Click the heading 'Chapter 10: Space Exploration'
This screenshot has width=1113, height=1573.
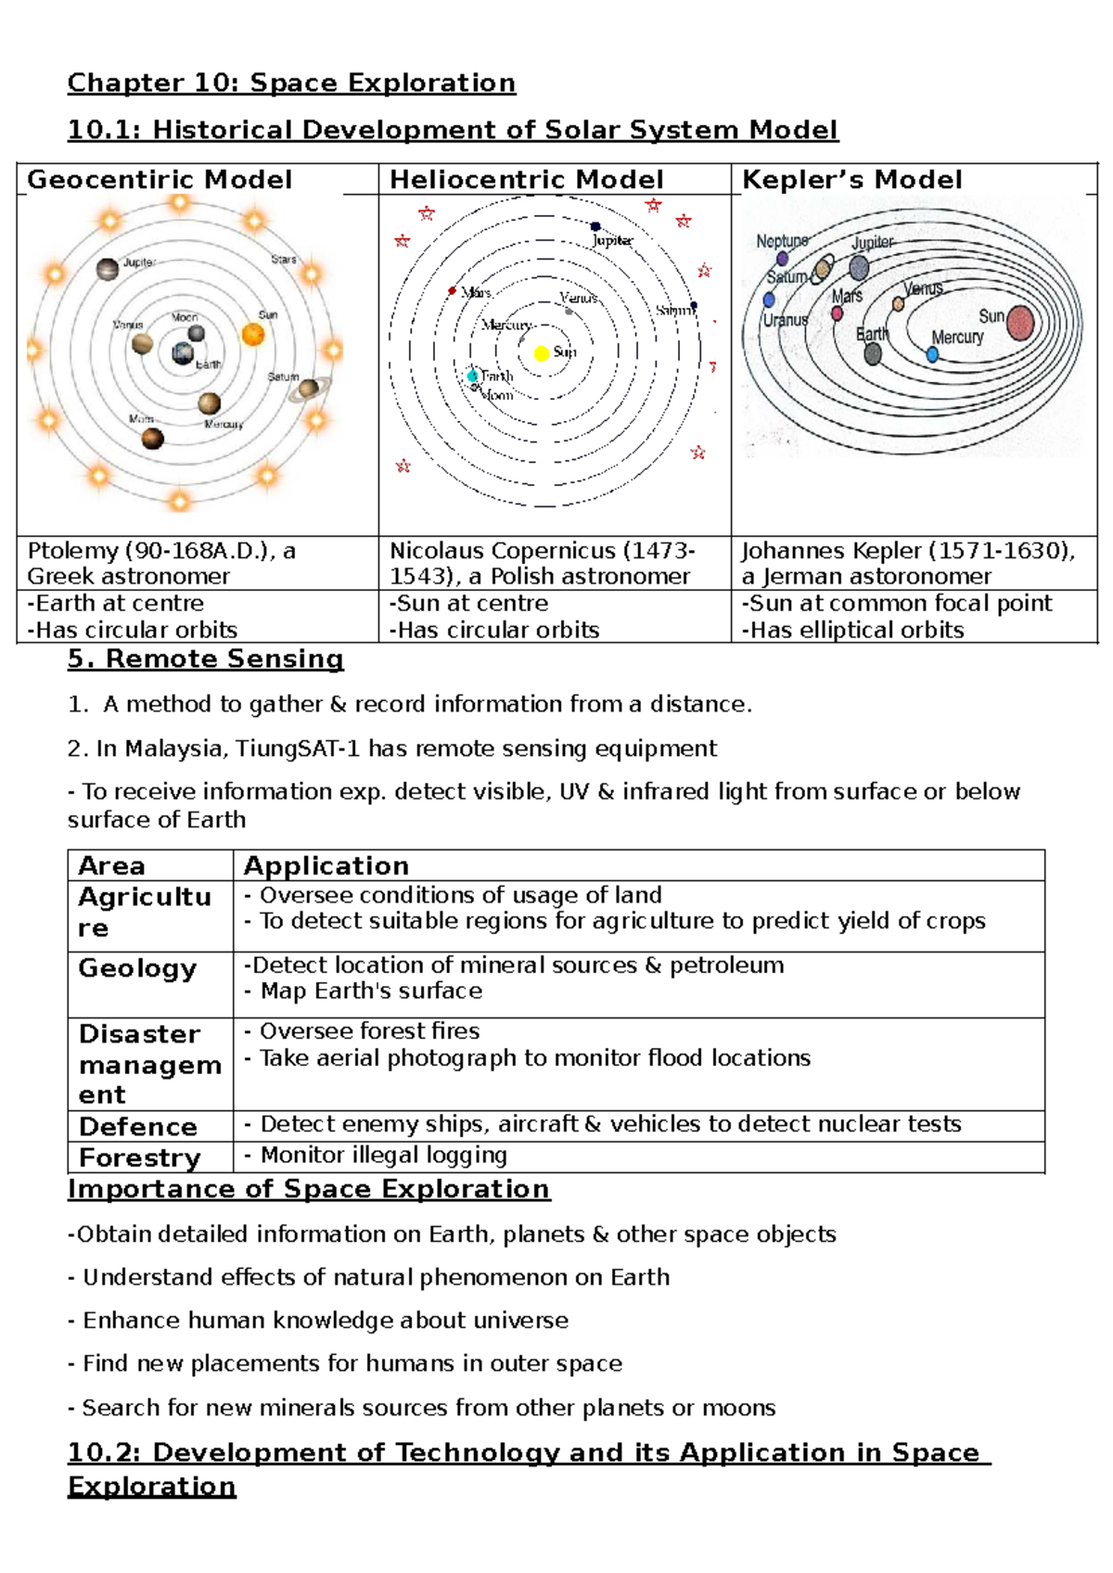[x=291, y=83]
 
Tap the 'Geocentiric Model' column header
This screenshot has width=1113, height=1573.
[x=160, y=180]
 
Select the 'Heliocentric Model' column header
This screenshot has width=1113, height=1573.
[x=526, y=180]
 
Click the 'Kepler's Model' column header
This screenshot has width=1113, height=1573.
[x=851, y=180]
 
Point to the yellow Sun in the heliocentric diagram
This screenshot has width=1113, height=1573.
[x=542, y=353]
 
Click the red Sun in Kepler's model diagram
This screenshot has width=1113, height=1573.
[x=1020, y=323]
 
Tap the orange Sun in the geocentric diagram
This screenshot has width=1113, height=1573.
[x=253, y=335]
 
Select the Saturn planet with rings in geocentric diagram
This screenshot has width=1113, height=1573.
[x=308, y=389]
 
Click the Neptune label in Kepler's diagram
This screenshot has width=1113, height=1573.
[x=781, y=241]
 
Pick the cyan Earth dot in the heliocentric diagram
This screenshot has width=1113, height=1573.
[x=473, y=376]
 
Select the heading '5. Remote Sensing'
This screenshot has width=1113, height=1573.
[x=205, y=659]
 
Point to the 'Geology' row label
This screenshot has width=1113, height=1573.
[x=137, y=968]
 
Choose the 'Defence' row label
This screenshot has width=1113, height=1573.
[x=137, y=1127]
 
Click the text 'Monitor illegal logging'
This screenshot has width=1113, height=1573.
[x=383, y=1156]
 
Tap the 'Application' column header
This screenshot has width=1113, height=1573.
[x=326, y=866]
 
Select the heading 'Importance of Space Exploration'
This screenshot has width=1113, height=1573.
[x=308, y=1190]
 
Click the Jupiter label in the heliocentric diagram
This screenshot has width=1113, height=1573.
[x=612, y=240]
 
